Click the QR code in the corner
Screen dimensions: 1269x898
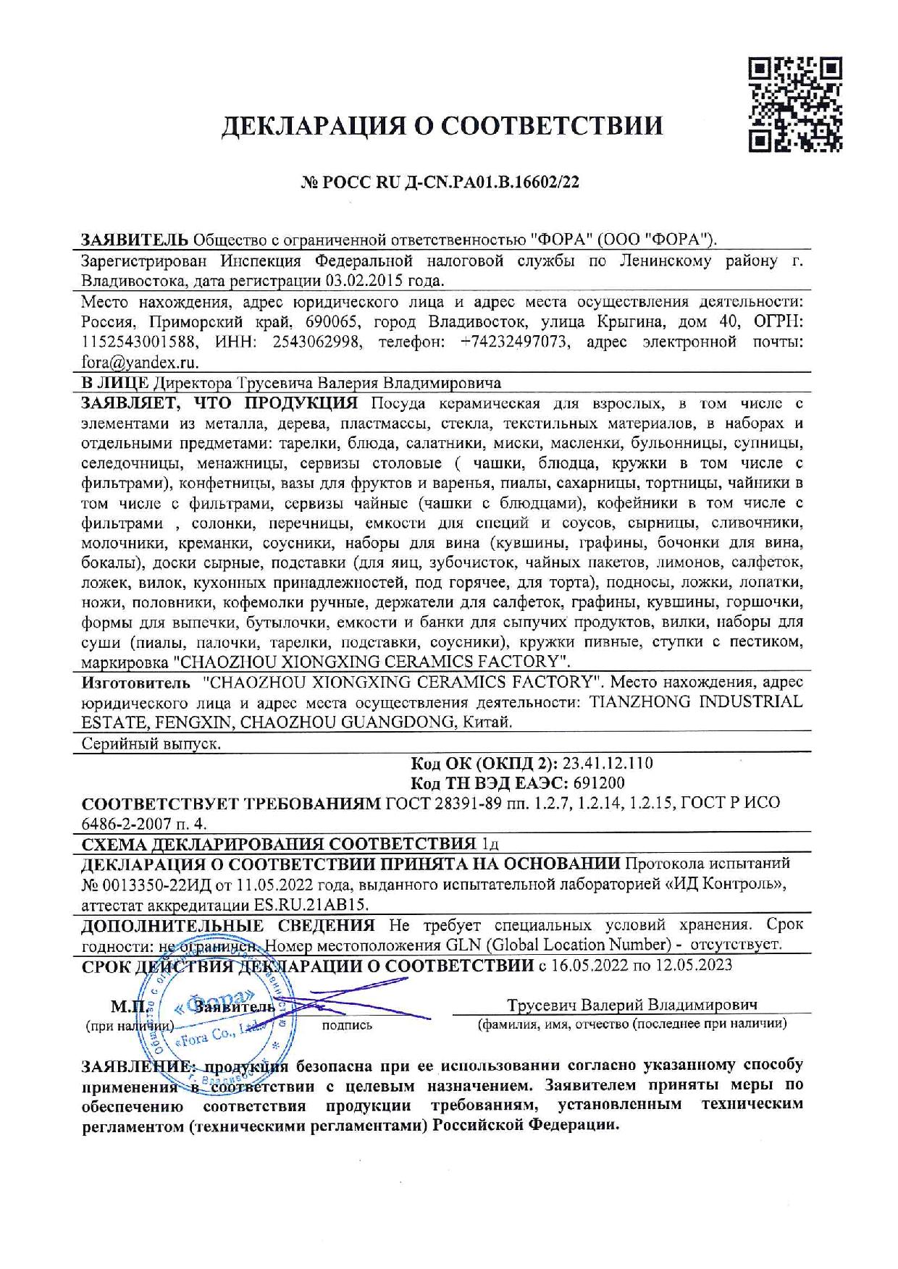794,105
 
